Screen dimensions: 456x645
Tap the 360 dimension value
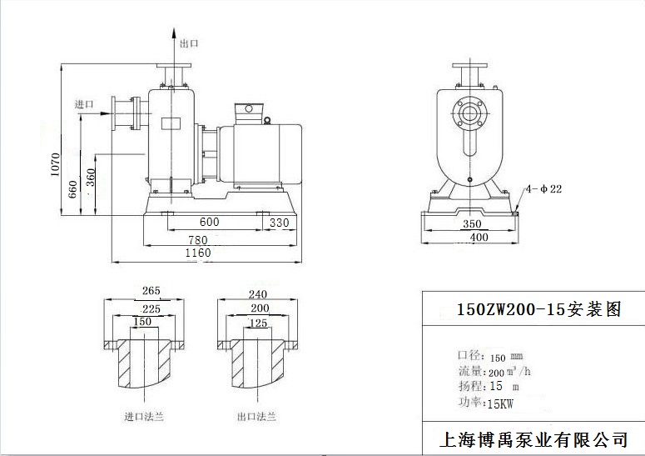91,178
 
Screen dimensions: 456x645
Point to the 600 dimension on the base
209,222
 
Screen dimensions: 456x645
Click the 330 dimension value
280,222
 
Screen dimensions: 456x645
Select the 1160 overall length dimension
198,253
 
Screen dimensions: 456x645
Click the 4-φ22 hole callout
545,189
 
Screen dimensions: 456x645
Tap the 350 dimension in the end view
472,224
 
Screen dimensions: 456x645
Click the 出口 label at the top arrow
189,43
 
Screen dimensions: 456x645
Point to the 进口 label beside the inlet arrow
84,104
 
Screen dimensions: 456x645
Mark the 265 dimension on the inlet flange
151,292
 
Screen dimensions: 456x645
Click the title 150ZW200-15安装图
538,309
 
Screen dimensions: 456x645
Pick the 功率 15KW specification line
487,402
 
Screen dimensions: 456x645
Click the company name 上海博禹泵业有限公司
533,438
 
